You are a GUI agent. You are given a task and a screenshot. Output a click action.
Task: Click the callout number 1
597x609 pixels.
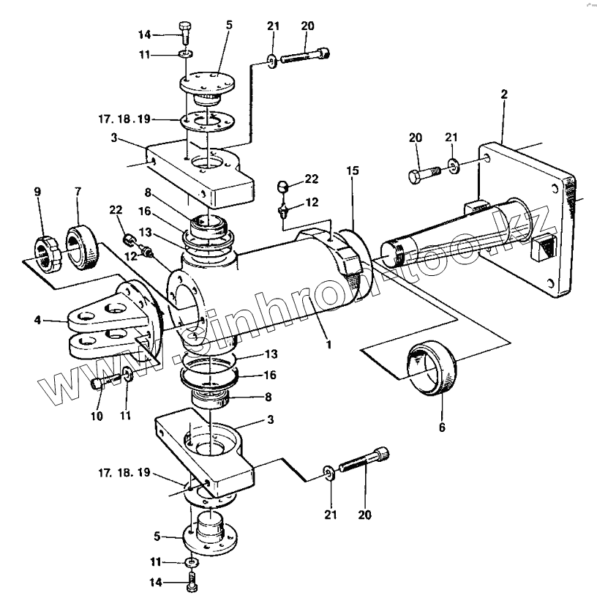(328, 345)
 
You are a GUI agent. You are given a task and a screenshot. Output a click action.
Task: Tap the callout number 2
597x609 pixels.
(504, 94)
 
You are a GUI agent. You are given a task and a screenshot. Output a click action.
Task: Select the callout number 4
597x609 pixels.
(37, 320)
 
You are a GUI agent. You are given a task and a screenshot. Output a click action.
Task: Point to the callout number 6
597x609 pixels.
(442, 427)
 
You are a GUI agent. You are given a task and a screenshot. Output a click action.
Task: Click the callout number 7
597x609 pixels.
(78, 192)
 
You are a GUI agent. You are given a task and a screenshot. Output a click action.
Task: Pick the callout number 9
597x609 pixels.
(37, 192)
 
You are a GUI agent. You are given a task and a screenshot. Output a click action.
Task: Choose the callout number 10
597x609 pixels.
(97, 416)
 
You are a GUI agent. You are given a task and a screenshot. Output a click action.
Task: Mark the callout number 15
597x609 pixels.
(353, 171)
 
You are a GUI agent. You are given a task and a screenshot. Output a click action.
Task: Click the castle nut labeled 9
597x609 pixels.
(48, 253)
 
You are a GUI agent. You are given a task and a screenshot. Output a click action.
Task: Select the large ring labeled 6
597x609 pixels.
(432, 367)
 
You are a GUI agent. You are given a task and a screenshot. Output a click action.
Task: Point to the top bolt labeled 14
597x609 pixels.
(185, 34)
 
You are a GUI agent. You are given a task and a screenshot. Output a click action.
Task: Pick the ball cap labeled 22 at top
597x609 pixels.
(282, 187)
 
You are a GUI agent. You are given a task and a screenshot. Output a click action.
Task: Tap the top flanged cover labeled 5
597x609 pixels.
(208, 89)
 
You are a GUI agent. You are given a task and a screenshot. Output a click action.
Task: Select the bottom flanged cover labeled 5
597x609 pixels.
(210, 534)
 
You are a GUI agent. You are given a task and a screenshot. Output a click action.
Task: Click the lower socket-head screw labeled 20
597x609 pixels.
(364, 459)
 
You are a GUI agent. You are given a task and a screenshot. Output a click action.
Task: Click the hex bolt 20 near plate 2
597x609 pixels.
(424, 174)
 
